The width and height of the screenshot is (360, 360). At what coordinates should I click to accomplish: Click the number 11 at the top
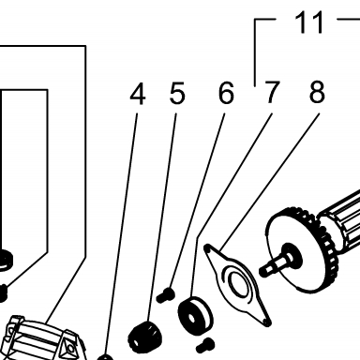[308, 22]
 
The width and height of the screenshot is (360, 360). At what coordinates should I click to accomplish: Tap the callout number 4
[138, 94]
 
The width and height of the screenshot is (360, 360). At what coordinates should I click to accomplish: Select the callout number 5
[177, 93]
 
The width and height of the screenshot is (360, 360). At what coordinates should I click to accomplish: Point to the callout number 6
[226, 93]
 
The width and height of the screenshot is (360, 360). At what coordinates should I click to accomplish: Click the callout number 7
[271, 93]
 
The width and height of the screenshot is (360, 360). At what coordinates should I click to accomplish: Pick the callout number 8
[317, 92]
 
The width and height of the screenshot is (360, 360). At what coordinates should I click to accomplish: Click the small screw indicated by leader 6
[165, 295]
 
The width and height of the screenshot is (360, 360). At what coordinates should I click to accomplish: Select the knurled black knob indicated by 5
[145, 337]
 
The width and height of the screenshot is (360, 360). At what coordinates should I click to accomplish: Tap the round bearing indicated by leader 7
[195, 315]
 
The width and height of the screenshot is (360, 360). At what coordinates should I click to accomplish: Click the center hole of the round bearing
[190, 318]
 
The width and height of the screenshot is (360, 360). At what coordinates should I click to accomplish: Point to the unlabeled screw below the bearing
[205, 345]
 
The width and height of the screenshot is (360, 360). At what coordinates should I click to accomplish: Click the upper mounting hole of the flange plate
[207, 249]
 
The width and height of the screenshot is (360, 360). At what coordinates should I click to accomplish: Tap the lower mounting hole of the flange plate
[265, 322]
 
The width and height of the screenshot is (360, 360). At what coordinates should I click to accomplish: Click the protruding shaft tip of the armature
[265, 269]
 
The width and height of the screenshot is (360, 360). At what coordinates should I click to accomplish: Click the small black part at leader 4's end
[105, 357]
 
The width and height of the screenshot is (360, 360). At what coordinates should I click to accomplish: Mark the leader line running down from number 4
[122, 233]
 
